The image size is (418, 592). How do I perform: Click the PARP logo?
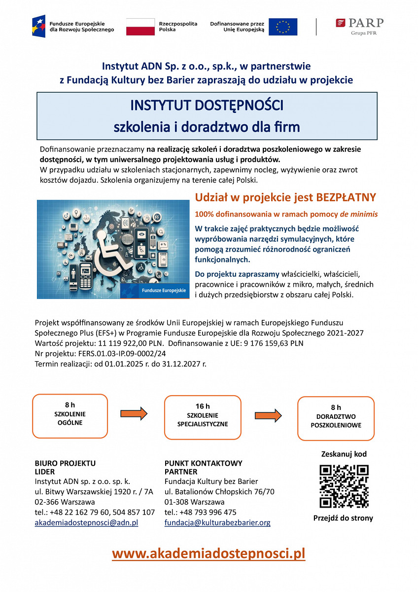(x=359, y=26)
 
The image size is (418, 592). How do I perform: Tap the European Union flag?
(x=283, y=27)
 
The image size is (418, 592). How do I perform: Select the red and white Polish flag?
(x=140, y=27)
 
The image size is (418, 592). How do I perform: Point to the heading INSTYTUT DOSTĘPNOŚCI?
(x=207, y=106)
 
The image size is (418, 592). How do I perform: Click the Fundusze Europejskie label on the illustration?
(x=164, y=291)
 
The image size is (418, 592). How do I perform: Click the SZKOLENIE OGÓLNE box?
(x=70, y=416)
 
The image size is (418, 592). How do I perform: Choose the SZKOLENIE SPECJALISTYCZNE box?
(x=203, y=417)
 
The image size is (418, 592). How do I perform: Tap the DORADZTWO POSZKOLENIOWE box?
(x=336, y=418)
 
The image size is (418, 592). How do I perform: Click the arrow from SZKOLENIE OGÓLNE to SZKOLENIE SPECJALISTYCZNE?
(x=134, y=413)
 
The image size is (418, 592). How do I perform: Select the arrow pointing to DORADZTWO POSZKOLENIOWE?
(x=268, y=414)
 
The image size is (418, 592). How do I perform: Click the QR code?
(x=344, y=486)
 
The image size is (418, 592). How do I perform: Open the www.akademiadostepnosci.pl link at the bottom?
(x=209, y=554)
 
